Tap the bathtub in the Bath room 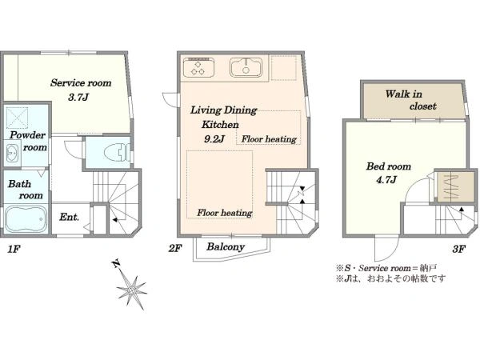26,218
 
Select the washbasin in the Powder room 12,153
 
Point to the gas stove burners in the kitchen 198,68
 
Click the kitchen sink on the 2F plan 246,67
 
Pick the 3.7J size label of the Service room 78,98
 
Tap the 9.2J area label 214,139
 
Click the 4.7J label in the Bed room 386,179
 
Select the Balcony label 226,246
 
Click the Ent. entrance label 69,217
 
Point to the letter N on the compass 116,263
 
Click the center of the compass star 132,290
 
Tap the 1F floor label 14,249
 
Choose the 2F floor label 175,248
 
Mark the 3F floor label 459,249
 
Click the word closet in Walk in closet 423,106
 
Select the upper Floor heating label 269,139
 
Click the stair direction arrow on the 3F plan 462,210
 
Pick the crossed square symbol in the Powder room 18,118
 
